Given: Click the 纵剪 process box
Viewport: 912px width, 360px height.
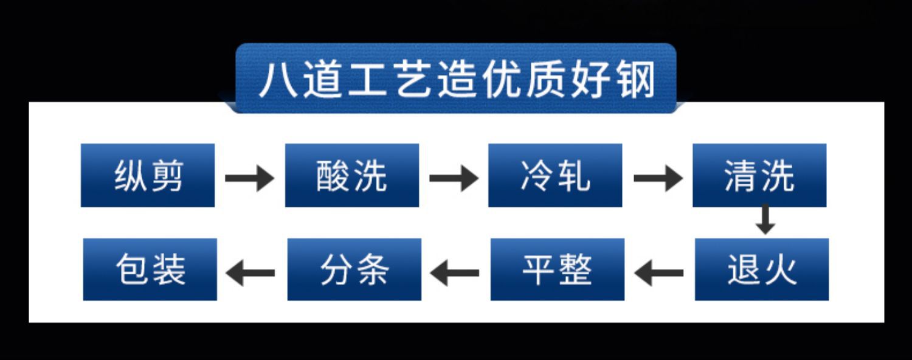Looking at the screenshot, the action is [148, 175].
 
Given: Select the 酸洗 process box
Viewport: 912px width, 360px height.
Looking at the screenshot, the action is [352, 175].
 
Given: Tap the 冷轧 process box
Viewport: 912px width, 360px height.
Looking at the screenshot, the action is [555, 175].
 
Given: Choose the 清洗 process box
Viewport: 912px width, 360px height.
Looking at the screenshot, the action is [760, 175].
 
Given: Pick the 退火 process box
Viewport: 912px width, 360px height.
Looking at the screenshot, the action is [762, 269].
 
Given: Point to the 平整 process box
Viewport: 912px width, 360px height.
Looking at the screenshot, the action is [558, 269].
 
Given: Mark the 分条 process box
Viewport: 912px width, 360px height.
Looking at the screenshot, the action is [354, 269].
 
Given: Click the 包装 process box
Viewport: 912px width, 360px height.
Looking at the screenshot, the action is [150, 269].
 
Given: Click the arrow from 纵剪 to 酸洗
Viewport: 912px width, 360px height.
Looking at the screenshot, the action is [249, 178].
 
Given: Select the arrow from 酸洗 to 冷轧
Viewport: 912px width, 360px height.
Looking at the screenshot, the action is [454, 178].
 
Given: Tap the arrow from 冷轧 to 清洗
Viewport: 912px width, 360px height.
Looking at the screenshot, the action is [658, 178].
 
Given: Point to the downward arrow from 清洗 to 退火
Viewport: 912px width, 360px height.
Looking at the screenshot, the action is [765, 220].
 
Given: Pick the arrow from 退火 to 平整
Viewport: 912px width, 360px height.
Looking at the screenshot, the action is [658, 273].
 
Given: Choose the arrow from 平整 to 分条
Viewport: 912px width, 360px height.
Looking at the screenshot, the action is [454, 273].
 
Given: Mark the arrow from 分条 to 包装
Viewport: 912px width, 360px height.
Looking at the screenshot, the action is [250, 273].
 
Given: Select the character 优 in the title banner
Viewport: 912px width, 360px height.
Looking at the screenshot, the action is [502, 80].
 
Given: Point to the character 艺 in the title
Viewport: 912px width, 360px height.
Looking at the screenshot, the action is [413, 80].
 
